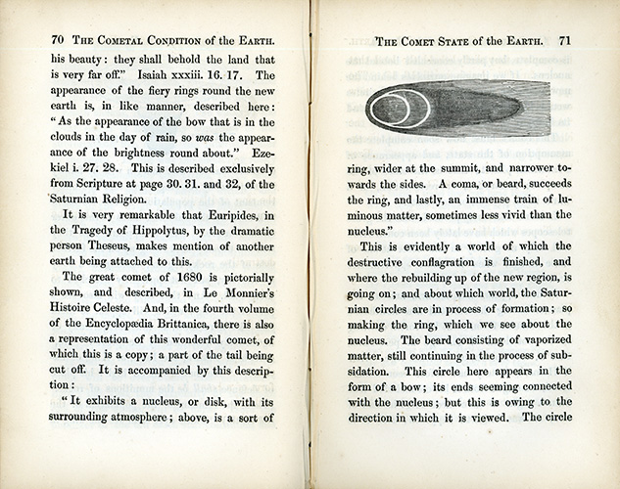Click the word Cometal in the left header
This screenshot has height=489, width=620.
(132, 41)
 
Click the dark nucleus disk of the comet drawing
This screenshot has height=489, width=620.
(391, 109)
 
